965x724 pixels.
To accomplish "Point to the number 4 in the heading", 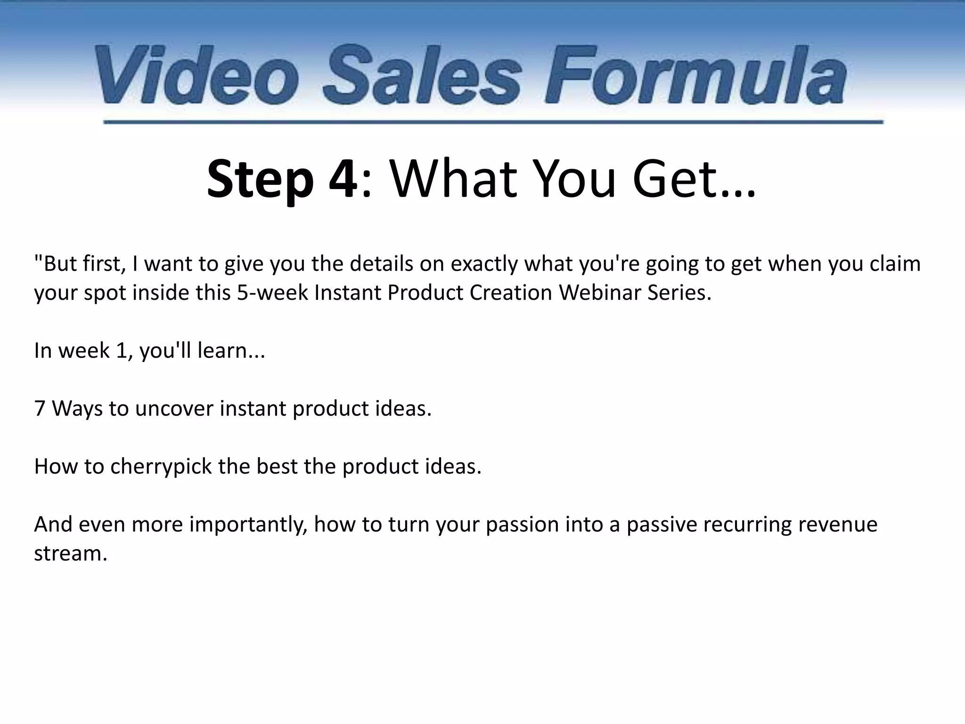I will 343,180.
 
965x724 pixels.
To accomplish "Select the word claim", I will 895,263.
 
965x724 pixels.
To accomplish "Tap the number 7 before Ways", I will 40,409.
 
